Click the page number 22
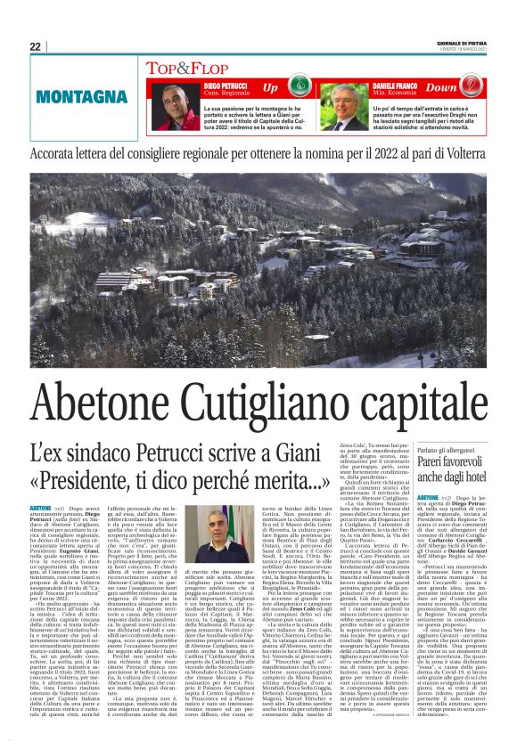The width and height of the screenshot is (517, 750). tap(36, 46)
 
